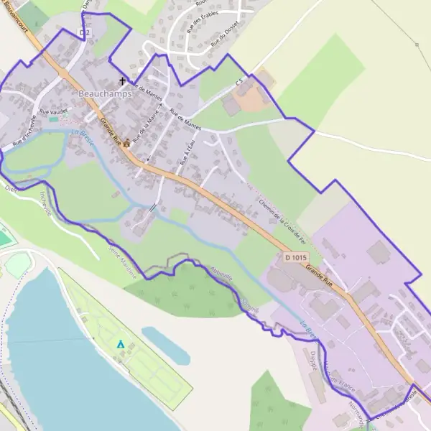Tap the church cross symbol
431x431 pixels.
[x=122, y=81]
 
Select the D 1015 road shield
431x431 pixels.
[x=295, y=257]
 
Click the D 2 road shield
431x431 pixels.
[x=85, y=33]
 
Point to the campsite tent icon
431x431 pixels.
[x=121, y=344]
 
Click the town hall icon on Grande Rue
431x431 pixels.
[x=126, y=142]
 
